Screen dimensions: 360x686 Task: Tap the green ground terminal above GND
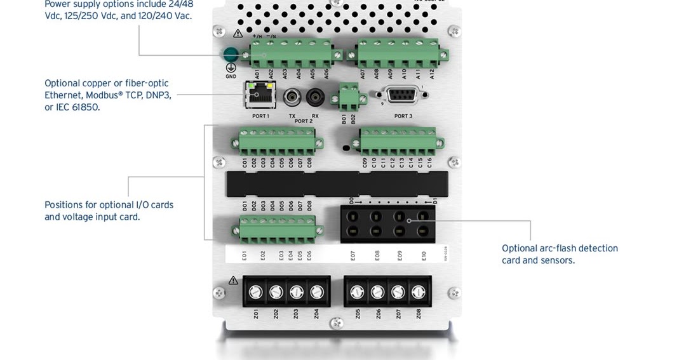tap(231, 55)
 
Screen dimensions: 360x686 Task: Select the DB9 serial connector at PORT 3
tap(403, 97)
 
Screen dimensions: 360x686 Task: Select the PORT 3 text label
tap(403, 116)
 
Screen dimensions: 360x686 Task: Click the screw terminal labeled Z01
tap(256, 292)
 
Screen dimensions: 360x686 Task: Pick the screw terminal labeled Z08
tap(418, 292)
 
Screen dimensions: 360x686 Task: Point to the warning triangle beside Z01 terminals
tap(234, 280)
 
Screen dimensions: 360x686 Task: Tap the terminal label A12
tap(432, 74)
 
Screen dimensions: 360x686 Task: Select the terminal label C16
tap(429, 162)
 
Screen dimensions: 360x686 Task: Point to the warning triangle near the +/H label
tap(238, 33)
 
